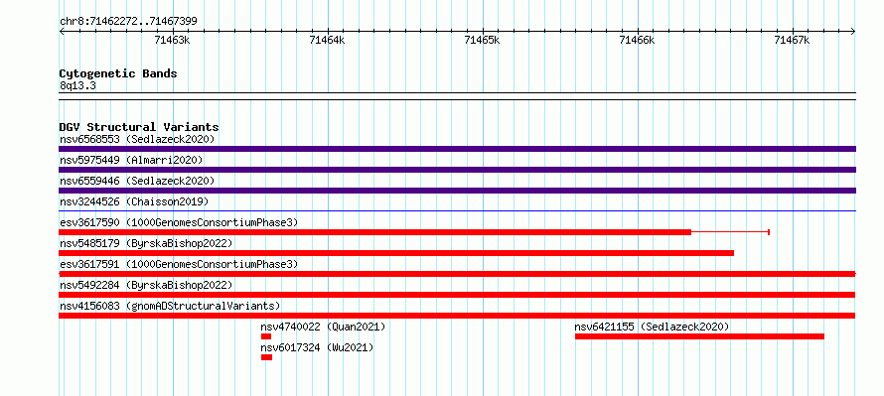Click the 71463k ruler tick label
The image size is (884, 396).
[x=172, y=40]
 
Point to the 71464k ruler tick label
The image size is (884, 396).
[x=327, y=40]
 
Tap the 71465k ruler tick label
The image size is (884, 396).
[x=482, y=40]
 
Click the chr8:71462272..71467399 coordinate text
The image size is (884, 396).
[x=128, y=22]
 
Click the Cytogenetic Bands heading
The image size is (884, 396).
[x=118, y=73]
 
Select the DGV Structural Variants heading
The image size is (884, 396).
[x=139, y=127]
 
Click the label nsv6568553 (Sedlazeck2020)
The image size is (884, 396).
[x=137, y=139]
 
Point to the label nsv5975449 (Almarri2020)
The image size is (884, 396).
[x=131, y=160]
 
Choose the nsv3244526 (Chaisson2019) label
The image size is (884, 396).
[x=134, y=201]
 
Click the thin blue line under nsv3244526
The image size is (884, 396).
[x=457, y=211]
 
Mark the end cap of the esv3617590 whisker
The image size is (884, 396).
[x=769, y=232]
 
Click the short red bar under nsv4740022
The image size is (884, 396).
[x=266, y=336]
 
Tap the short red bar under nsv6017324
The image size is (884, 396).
[x=266, y=357]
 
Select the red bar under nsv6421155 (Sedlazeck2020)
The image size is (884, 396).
[x=699, y=336]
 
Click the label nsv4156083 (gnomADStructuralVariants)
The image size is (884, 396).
[x=170, y=306]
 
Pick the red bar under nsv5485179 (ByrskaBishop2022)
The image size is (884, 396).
[x=396, y=253]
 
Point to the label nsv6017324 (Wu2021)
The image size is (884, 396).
[x=317, y=347]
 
